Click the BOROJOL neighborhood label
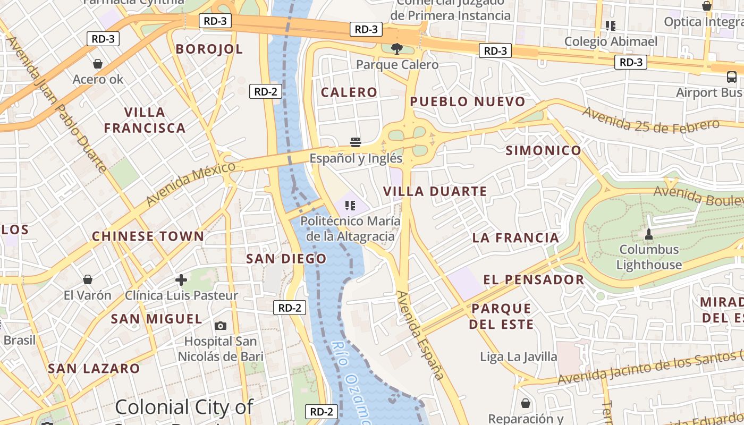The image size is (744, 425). pos(209,49)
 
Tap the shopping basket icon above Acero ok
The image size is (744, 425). pos(98,64)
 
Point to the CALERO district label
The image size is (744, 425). pos(349,92)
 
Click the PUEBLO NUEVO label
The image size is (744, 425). pos(468,101)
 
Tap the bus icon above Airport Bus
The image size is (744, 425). pos(732,78)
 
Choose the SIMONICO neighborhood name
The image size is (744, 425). pos(543,150)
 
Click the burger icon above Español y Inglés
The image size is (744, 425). pos(356,142)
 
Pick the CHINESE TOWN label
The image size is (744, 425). pos(148,236)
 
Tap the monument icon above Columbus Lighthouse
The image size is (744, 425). pos(648,234)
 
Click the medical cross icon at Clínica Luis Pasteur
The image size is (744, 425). pos(181,279)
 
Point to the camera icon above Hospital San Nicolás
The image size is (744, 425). pos(221,326)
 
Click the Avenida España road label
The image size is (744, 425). pos(420,335)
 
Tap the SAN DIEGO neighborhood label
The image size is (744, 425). pos(286,259)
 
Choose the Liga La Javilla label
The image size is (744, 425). pos(519,356)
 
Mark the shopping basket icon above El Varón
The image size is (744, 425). pos(88,279)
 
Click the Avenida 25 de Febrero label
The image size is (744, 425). pos(651,119)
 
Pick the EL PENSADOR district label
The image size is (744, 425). pos(534,279)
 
